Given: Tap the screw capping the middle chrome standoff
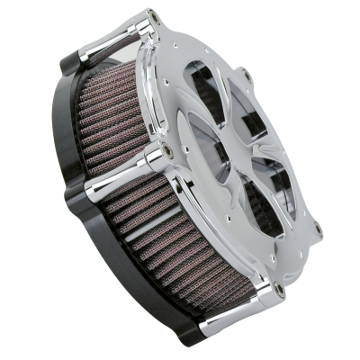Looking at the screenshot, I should pyautogui.click(x=172, y=144).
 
